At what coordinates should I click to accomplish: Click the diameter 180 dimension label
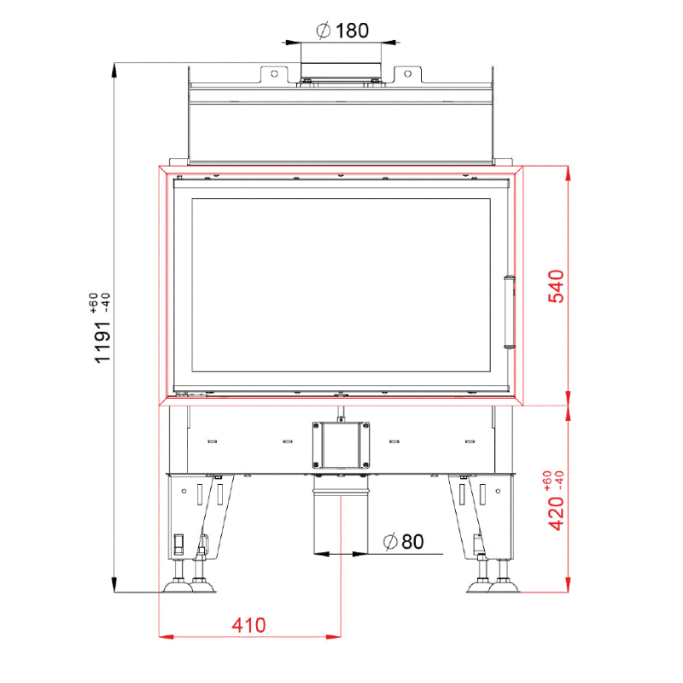coord(342,31)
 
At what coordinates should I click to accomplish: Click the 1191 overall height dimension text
coord(102,342)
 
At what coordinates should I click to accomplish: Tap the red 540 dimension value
coord(557,286)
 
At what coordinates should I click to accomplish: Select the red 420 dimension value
coord(557,514)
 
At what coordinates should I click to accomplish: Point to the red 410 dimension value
coord(248,625)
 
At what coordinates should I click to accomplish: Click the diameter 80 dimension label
coord(403,541)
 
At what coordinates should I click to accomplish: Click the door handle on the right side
coord(509,312)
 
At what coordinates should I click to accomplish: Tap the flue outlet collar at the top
coord(341,71)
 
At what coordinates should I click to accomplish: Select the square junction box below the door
coord(341,445)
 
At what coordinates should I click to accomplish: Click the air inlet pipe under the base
coord(341,514)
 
